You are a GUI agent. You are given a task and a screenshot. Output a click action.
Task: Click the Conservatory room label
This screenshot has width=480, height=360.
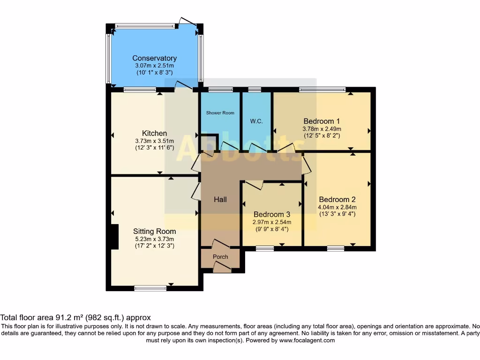coord(154,58)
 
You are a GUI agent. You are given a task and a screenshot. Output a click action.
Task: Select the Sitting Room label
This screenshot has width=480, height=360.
coord(154,231)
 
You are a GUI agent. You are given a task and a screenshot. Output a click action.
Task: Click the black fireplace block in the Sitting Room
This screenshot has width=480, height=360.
coord(113,237)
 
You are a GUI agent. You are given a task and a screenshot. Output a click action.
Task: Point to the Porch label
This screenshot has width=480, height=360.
coord(220,257)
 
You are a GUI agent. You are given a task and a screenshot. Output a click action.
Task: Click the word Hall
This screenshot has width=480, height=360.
coord(220,200)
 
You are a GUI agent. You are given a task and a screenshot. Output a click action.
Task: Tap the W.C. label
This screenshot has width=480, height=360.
coord(256,121)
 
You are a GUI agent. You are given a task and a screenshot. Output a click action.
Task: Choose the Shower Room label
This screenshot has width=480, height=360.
coord(220,113)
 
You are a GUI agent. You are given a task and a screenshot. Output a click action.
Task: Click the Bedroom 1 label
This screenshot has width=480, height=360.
coord(322,121)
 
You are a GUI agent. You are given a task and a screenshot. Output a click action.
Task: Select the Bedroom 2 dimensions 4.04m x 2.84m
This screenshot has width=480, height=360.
coord(337,207)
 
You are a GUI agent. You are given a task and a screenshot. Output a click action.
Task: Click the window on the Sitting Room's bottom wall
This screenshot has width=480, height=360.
coord(150,288)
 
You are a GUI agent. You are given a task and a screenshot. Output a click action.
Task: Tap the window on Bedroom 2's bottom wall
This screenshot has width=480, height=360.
coord(336,248)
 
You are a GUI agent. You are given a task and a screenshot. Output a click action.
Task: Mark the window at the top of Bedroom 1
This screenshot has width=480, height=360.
coord(322,89)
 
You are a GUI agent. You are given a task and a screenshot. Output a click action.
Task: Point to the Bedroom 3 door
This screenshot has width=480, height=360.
coord(254,185)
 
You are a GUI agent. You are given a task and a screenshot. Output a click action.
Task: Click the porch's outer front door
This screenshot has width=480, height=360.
coord(221,268)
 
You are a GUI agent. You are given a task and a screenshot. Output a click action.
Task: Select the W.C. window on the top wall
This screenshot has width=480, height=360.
coord(255,89)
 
